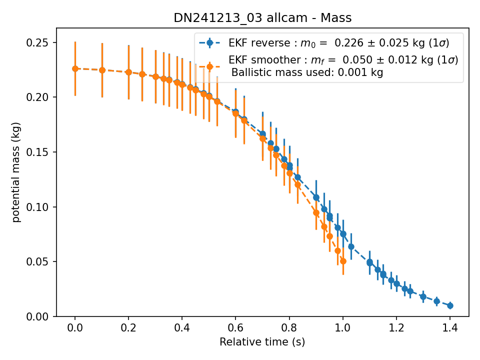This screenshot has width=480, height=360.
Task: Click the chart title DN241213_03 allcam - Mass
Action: click(262, 18)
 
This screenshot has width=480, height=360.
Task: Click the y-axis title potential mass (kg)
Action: click(15, 172)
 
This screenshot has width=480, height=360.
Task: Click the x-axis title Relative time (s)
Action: click(262, 341)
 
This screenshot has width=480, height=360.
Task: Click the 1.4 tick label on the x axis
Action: click(450, 328)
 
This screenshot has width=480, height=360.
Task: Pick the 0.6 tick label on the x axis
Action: click(235, 328)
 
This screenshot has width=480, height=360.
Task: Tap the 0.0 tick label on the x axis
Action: click(75, 328)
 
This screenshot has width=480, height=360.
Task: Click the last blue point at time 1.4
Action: click(450, 305)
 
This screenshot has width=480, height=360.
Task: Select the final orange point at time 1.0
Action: click(343, 261)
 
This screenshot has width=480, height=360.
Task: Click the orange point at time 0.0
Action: click(75, 69)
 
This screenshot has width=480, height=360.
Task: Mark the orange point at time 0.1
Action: click(102, 70)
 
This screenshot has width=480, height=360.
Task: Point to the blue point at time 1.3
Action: click(423, 296)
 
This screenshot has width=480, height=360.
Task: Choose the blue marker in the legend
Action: click(209, 43)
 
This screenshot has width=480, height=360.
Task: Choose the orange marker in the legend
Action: click(209, 66)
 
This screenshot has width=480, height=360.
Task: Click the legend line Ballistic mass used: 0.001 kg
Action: click(307, 72)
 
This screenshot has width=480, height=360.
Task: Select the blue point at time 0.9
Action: click(316, 197)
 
